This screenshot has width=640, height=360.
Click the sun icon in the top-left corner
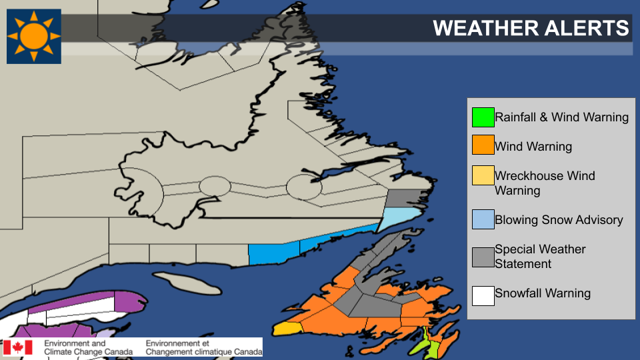[x=34, y=36]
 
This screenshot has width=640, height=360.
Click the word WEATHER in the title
[x=477, y=28]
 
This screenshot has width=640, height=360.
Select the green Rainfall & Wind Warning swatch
[x=483, y=117]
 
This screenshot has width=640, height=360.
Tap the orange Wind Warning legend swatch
[x=483, y=146]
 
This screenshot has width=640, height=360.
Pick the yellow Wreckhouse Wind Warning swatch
[x=483, y=176]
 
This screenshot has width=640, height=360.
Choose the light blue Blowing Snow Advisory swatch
[x=483, y=220]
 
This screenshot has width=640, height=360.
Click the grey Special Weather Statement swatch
[x=483, y=256]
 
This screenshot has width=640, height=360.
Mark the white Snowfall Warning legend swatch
[x=483, y=294]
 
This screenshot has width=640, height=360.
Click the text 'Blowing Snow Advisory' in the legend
[x=559, y=220]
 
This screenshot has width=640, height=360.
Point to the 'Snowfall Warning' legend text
[x=543, y=293]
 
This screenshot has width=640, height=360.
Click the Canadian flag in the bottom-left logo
[x=18, y=347]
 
